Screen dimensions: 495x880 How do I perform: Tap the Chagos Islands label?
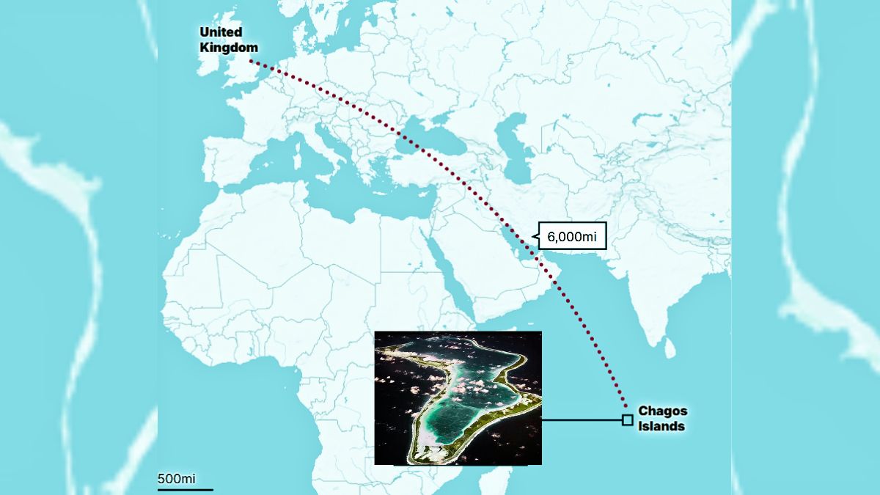tap(662, 418)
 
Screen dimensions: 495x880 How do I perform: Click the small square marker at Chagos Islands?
tap(627, 420)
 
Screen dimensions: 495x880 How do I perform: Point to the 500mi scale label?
tap(176, 478)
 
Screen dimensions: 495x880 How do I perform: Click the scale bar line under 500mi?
tap(185, 489)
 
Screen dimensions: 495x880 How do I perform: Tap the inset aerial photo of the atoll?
tap(458, 397)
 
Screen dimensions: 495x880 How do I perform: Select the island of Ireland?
tap(207, 60)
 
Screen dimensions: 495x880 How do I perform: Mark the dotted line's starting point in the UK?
tap(250, 61)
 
